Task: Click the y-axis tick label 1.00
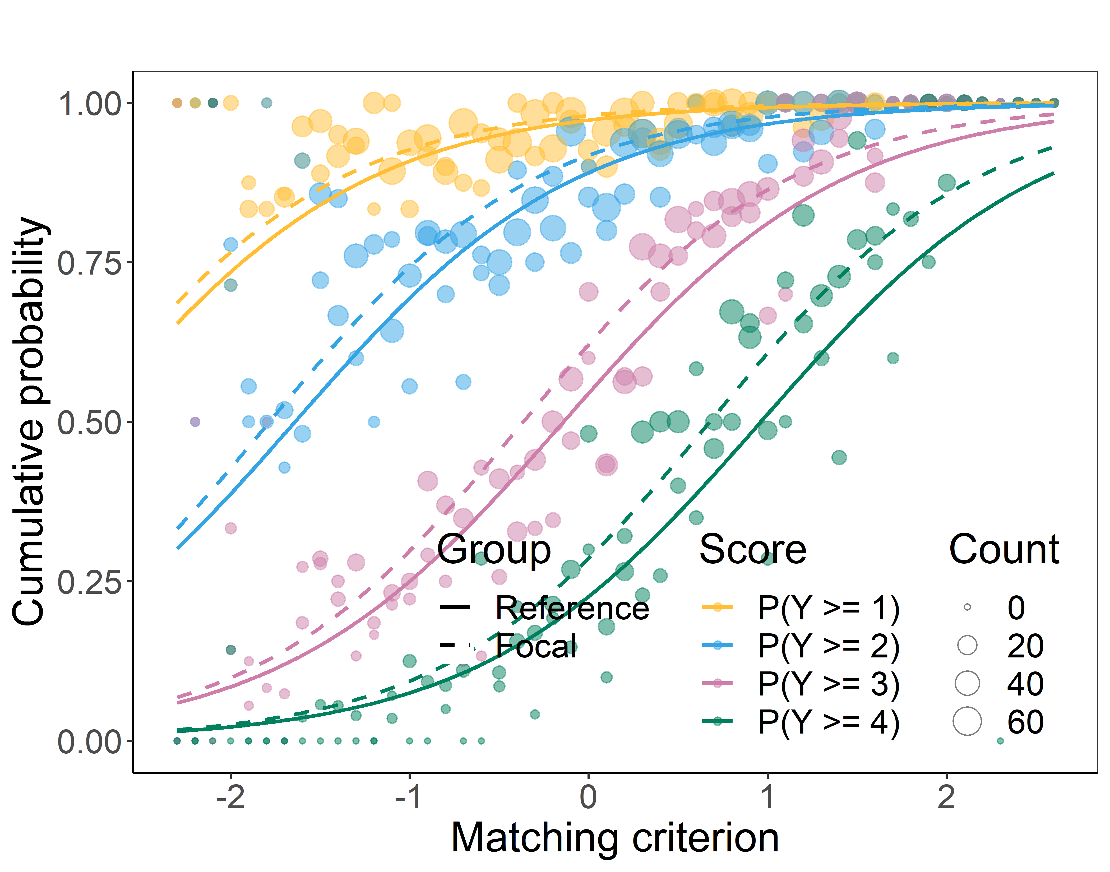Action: [89, 104]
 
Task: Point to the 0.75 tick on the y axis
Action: [89, 263]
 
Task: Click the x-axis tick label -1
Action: [409, 797]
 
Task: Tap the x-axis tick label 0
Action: [588, 797]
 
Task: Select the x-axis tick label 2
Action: [946, 797]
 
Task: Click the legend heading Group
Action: [494, 550]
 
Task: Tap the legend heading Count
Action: [1004, 550]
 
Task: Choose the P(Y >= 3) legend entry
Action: [828, 684]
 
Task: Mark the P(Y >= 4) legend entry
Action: [828, 722]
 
